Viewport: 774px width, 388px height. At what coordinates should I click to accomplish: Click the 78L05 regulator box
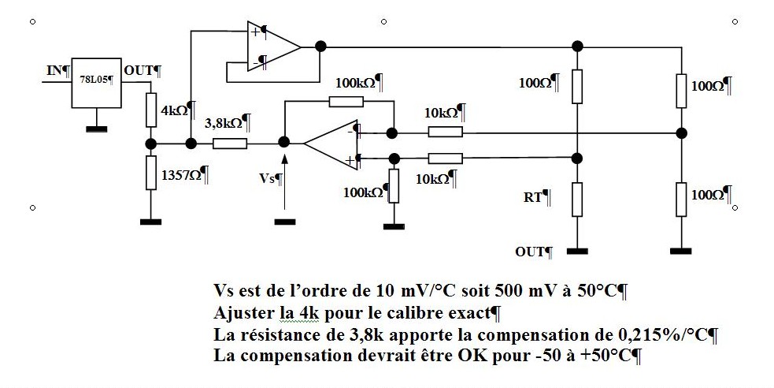[97, 82]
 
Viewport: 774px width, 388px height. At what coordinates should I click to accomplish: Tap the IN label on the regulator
[55, 71]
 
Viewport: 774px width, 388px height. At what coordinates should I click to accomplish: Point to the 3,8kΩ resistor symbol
[230, 144]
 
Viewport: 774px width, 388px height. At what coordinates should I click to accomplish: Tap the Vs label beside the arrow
[269, 178]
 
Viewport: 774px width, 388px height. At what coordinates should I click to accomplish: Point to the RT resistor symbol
[577, 200]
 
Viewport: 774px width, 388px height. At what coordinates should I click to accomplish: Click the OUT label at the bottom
[531, 252]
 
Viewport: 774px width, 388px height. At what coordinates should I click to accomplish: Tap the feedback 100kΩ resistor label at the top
[357, 82]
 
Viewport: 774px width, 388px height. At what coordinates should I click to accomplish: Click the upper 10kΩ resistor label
[443, 113]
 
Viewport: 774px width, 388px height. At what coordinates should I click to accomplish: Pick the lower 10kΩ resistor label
[435, 179]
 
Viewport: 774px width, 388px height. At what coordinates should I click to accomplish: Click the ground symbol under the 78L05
[97, 127]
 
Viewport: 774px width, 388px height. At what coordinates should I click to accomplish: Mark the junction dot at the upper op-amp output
[318, 46]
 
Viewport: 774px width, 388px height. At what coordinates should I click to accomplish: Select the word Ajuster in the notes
[242, 312]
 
